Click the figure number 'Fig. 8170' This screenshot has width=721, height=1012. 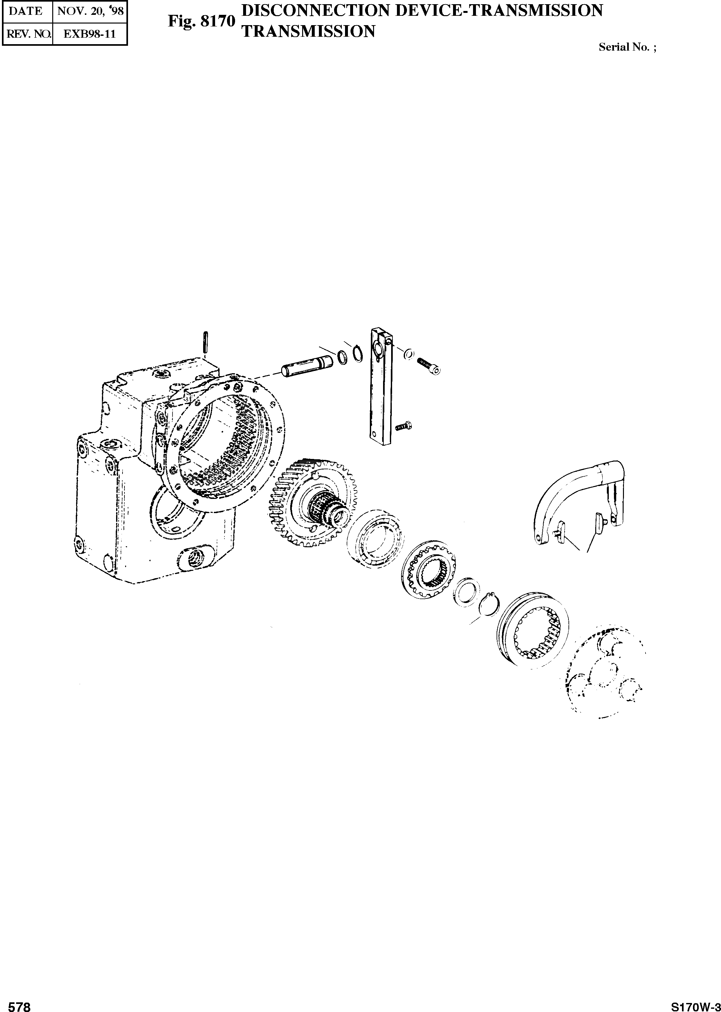[201, 21]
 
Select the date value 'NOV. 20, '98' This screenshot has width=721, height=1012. [91, 11]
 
